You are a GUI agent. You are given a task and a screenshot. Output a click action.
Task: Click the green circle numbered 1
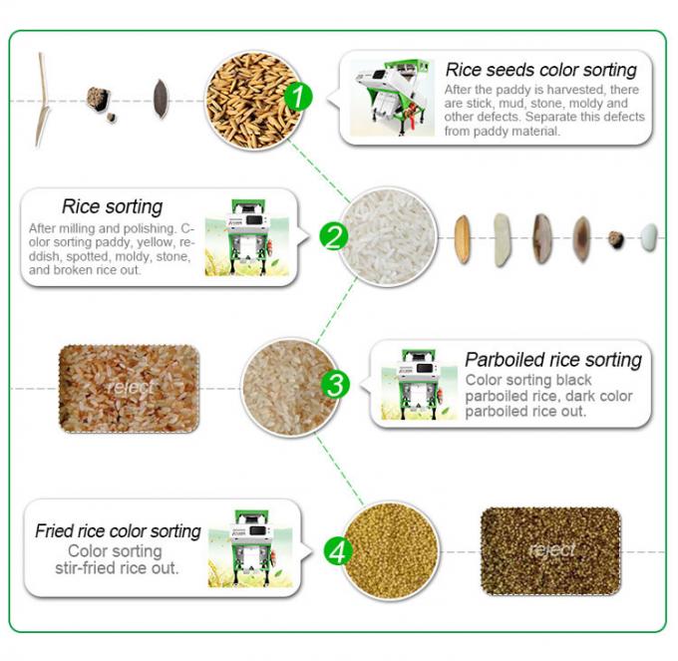pyautogui.click(x=299, y=97)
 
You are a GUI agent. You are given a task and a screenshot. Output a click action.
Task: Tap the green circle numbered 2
pyautogui.click(x=333, y=236)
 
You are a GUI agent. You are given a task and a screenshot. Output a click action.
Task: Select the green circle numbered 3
pyautogui.click(x=337, y=384)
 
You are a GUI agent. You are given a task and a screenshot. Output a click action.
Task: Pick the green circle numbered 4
pyautogui.click(x=338, y=550)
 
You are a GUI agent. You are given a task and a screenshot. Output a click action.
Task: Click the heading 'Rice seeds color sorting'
pyautogui.click(x=540, y=71)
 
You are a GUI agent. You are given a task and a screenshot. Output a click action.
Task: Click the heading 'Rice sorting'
pyautogui.click(x=112, y=207)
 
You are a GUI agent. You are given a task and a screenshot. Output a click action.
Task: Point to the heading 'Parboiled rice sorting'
pyautogui.click(x=553, y=360)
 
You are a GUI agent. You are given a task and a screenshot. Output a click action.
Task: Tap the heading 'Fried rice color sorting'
pyautogui.click(x=118, y=531)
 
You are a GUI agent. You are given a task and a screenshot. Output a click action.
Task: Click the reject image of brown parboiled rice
pyautogui.click(x=128, y=388)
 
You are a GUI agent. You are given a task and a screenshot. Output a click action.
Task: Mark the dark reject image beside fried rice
pyautogui.click(x=550, y=548)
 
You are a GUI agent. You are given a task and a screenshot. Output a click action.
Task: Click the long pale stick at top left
pyautogui.click(x=42, y=100)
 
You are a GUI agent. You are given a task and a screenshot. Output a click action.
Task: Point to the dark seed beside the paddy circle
pyautogui.click(x=161, y=98)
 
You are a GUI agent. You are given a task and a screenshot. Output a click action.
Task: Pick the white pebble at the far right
pyautogui.click(x=649, y=237)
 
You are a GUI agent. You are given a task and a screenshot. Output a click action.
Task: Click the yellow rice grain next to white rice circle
pyautogui.click(x=463, y=239)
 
